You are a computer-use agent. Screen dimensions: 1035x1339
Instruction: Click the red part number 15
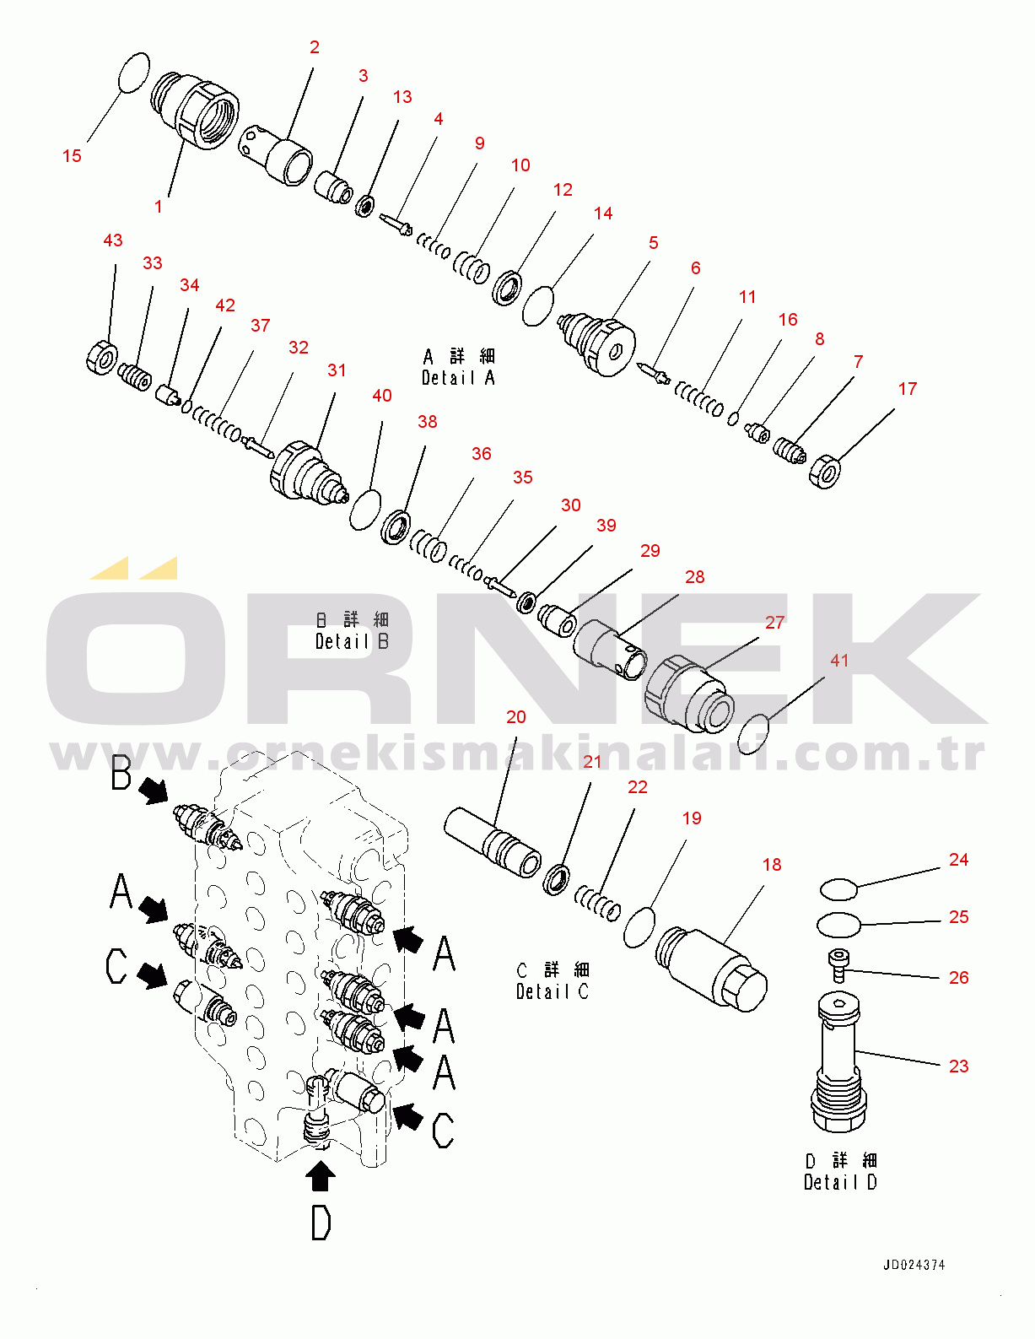pyautogui.click(x=72, y=156)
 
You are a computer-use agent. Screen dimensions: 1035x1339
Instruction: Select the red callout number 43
pyautogui.click(x=113, y=240)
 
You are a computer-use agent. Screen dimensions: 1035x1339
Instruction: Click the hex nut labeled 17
pyautogui.click(x=825, y=472)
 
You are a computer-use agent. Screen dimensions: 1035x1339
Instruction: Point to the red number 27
pyautogui.click(x=774, y=623)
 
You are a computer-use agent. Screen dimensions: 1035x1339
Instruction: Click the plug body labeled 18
pyautogui.click(x=711, y=969)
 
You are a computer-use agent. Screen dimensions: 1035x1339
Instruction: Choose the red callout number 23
pyautogui.click(x=958, y=1066)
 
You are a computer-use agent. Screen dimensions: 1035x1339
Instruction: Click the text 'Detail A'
pyautogui.click(x=458, y=378)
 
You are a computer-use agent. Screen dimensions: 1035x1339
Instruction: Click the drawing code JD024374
pyautogui.click(x=914, y=1265)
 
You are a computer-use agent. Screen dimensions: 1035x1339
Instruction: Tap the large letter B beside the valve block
pyautogui.click(x=121, y=774)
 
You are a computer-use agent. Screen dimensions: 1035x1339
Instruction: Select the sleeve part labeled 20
pyautogui.click(x=493, y=842)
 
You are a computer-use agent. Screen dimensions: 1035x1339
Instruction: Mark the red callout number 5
pyautogui.click(x=654, y=243)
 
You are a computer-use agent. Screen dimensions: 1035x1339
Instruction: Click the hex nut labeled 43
pyautogui.click(x=102, y=358)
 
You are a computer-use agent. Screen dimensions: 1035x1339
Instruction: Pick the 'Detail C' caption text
pyautogui.click(x=553, y=991)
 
